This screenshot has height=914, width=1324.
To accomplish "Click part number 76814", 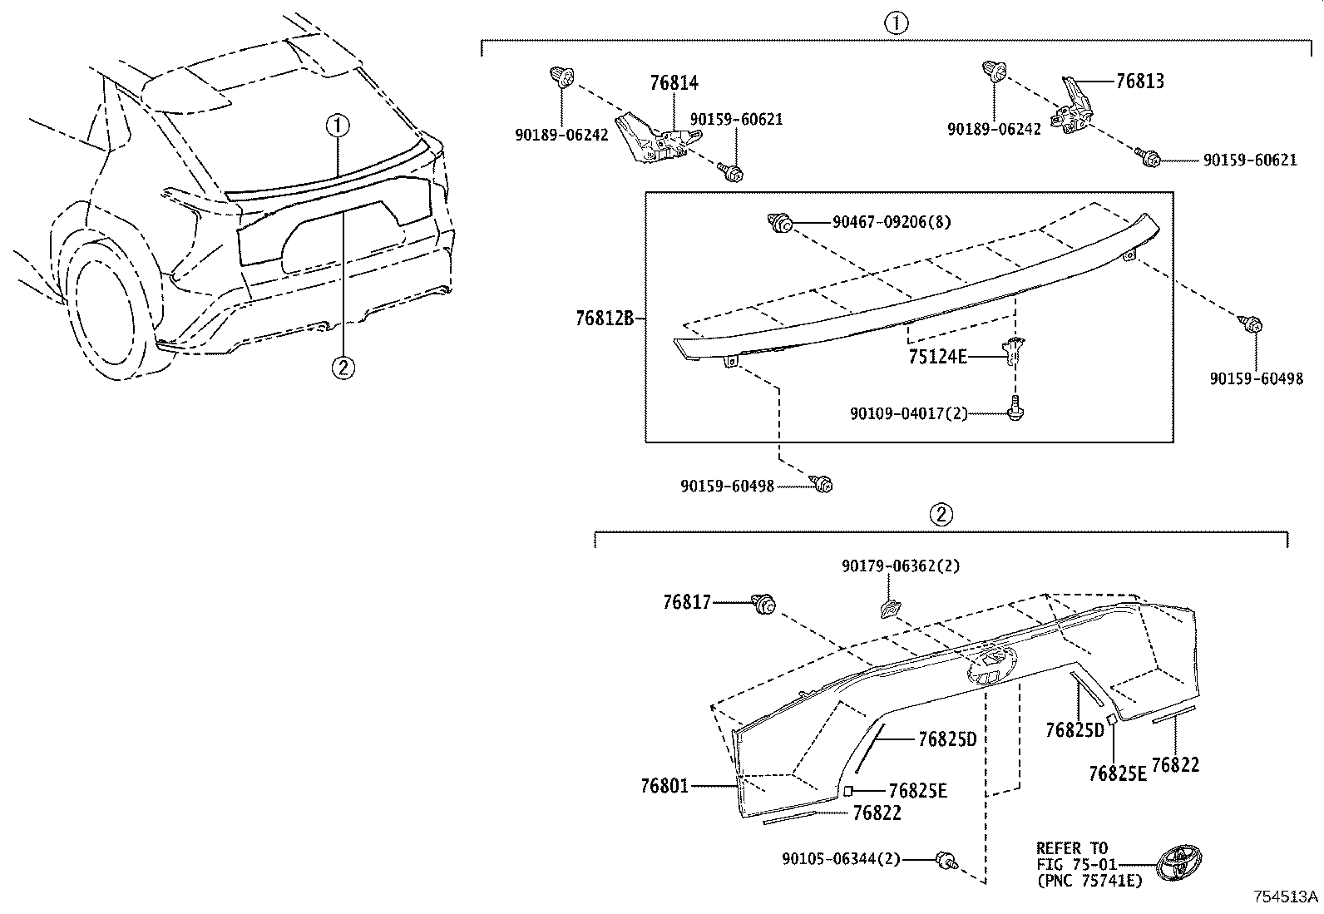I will click(674, 82).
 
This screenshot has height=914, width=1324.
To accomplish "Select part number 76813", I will click(1139, 82).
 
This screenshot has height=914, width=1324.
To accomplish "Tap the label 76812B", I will click(605, 318).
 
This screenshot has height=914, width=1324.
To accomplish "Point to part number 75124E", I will click(937, 357).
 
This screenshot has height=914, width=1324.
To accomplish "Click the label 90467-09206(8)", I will click(892, 222).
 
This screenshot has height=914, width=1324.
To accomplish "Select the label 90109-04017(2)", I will click(908, 413).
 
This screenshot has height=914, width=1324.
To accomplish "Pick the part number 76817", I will click(687, 602).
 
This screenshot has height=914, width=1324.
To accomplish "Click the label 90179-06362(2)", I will click(900, 566).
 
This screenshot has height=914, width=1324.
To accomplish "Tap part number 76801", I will click(664, 785).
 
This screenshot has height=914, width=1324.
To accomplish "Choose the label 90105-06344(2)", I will click(841, 858).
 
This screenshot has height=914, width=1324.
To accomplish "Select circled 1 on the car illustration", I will click(338, 126).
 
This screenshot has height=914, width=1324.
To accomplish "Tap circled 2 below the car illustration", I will click(343, 366).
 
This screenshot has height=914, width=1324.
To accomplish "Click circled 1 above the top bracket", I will click(896, 23).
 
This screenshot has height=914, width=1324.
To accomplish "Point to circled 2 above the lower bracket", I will click(941, 515).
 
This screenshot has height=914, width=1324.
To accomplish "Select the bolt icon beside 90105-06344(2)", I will click(946, 861).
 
